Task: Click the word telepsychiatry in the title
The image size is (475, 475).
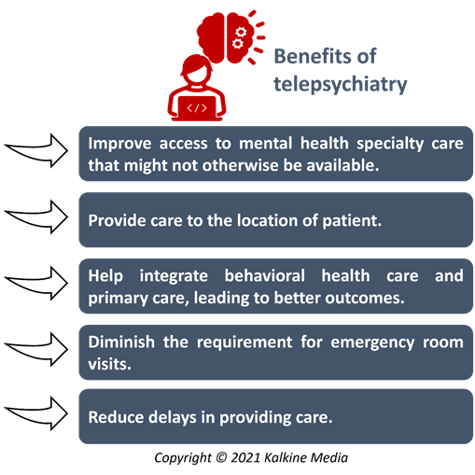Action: pos(341,84)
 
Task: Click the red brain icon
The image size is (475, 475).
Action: pos(231,37)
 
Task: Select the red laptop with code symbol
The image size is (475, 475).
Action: pos(197,108)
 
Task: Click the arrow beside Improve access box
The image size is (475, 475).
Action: pos(36,151)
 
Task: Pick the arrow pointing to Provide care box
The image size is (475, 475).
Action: pos(36,217)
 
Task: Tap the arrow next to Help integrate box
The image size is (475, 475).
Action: pos(36,284)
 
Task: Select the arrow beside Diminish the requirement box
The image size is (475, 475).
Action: pos(36,349)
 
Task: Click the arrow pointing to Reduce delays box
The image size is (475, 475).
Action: pos(36,413)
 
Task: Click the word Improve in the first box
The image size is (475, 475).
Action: pos(119,144)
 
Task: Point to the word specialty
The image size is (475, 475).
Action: pos(390,144)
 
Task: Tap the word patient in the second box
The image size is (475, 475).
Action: pos(352,221)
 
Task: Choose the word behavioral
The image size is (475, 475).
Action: pos(265,275)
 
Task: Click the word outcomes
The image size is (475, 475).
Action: pos(365,298)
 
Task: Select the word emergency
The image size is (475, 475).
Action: pos(372,343)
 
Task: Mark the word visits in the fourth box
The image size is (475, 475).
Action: pos(109,364)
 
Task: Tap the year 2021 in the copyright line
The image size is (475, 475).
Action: pos(245,457)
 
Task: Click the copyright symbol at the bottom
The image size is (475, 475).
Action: pos(221,457)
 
